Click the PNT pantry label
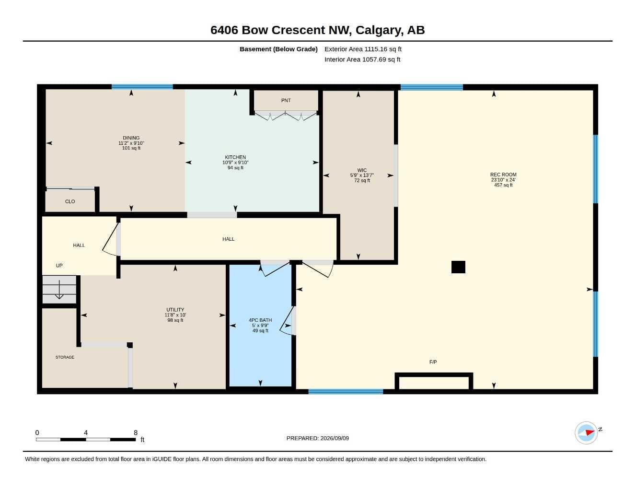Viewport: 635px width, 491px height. click(286, 100)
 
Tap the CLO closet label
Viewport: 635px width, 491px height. click(70, 201)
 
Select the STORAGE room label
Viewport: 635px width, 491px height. click(65, 357)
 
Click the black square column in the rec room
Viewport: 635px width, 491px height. click(458, 267)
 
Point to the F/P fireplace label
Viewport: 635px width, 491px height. click(433, 362)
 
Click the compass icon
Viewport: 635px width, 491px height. click(586, 433)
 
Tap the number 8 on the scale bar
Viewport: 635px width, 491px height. click(136, 432)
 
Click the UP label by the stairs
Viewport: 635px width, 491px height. click(59, 265)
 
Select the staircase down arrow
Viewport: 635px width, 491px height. click(59, 290)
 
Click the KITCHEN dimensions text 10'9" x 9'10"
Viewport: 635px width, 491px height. click(235, 163)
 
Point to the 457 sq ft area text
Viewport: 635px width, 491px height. click(503, 185)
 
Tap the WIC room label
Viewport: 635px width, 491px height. click(362, 170)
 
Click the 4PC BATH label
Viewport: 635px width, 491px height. click(260, 320)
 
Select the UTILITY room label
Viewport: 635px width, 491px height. click(175, 309)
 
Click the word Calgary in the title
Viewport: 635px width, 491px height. click(380, 30)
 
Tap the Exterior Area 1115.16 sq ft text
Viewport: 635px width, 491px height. click(363, 49)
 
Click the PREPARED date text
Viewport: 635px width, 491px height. click(317, 438)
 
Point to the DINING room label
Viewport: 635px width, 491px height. click(131, 138)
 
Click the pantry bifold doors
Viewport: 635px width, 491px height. click(286, 116)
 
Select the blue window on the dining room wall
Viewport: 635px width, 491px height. click(142, 87)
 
